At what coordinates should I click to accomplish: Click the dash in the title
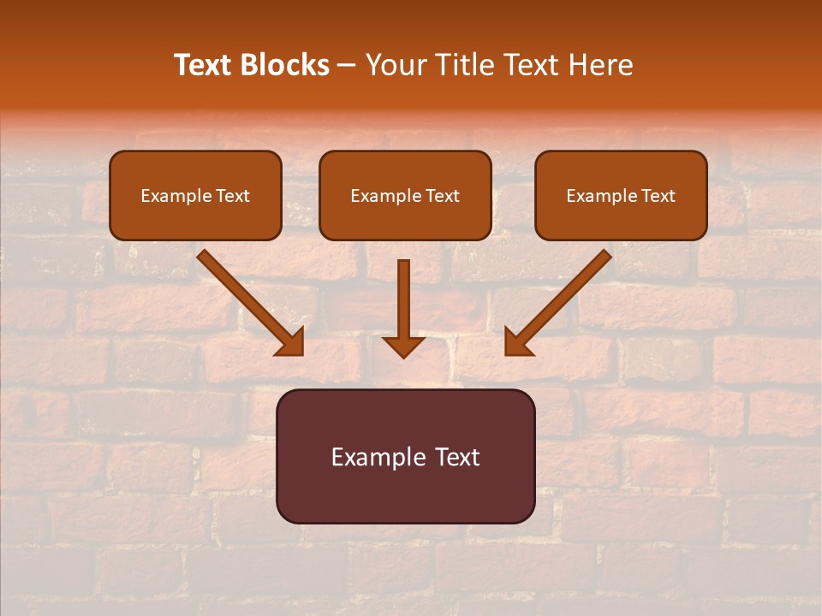[347, 66]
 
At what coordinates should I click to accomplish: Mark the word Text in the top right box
[658, 196]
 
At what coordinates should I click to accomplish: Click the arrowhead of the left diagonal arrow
[292, 343]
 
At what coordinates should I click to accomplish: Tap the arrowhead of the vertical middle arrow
[403, 346]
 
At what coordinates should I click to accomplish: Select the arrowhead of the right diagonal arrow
[516, 343]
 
